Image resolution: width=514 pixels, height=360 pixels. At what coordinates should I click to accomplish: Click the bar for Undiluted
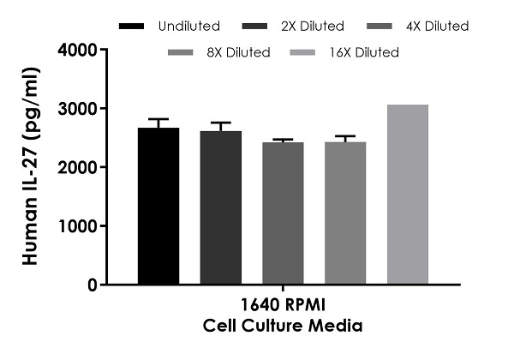[158, 206]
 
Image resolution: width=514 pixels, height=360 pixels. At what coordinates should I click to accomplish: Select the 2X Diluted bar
[221, 207]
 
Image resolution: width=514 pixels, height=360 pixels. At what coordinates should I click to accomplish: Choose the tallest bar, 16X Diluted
[408, 195]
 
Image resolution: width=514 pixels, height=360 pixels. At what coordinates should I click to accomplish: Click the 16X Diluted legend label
[365, 52]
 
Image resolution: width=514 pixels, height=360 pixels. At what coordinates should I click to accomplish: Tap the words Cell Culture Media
[283, 326]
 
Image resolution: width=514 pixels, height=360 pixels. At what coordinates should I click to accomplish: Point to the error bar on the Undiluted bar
[158, 123]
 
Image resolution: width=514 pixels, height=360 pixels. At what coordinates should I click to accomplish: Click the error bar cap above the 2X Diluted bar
[221, 123]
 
